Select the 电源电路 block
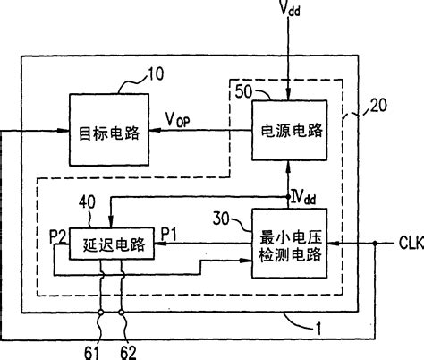click(287, 129)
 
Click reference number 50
click(244, 91)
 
